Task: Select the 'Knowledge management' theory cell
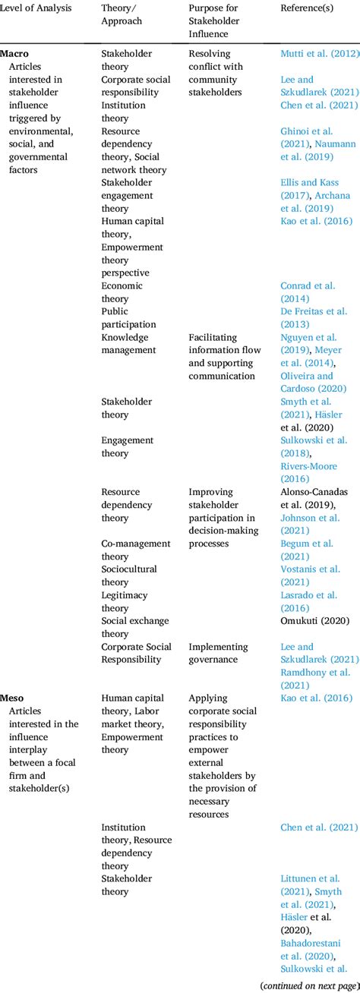(x=128, y=343)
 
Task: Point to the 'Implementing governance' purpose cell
(x=219, y=653)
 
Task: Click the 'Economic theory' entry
(x=122, y=292)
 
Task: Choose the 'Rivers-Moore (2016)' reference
(x=308, y=472)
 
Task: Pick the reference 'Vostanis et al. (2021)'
(x=310, y=575)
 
